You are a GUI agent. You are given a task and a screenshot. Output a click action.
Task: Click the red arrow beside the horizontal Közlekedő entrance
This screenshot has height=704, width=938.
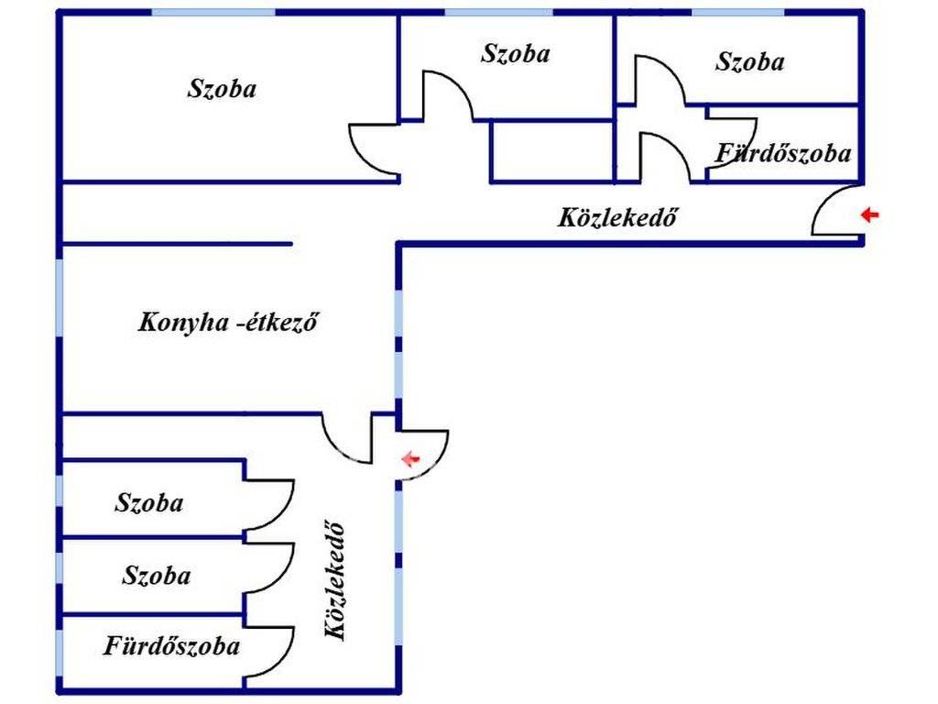[x=869, y=215]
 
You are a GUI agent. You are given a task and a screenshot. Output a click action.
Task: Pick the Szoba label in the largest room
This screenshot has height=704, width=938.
[x=222, y=89]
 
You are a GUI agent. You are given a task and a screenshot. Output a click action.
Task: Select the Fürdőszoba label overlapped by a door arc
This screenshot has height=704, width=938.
[x=783, y=153]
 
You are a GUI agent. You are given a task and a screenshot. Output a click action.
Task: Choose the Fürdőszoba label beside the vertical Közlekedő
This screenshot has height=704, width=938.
[x=171, y=646]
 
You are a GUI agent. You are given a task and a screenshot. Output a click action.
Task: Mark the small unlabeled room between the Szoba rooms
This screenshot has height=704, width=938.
[x=551, y=150]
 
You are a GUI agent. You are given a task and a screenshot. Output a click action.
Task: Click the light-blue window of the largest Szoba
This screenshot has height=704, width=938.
[x=213, y=12]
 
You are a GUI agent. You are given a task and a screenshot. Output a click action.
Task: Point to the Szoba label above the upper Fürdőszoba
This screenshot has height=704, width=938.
[x=749, y=62]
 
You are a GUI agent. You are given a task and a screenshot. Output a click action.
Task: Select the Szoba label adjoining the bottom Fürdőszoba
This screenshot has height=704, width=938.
[x=157, y=576]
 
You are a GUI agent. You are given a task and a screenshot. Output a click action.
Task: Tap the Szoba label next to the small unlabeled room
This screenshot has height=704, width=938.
[x=515, y=53]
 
